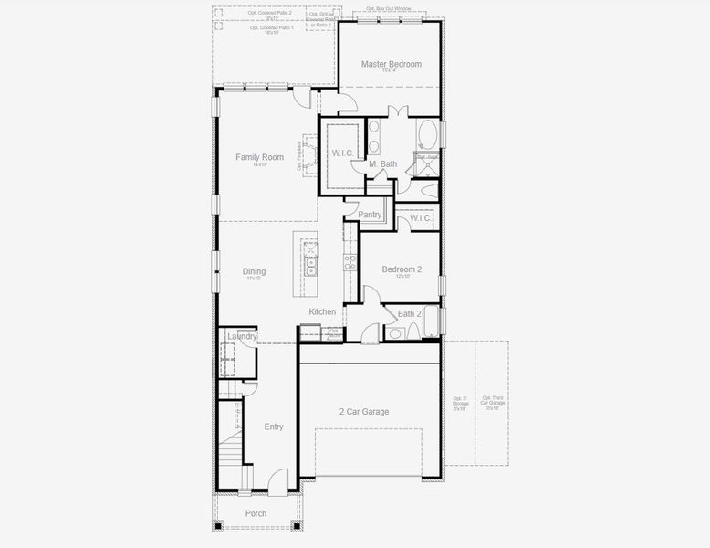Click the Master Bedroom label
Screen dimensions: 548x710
(x=391, y=64)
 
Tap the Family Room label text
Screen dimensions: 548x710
(x=259, y=157)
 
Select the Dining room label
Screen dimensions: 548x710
(x=254, y=271)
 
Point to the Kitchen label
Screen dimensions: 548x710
(x=322, y=311)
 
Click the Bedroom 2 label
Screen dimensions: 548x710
(x=401, y=269)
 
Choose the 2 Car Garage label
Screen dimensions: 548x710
(x=364, y=412)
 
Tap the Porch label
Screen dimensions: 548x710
(x=256, y=513)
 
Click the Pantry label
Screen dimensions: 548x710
(x=370, y=215)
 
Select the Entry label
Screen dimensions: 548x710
(x=274, y=427)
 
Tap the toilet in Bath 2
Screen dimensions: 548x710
(x=394, y=333)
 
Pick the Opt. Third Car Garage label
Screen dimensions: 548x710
(x=492, y=403)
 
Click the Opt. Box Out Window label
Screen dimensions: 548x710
(x=389, y=9)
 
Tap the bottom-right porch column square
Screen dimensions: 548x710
(x=296, y=525)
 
